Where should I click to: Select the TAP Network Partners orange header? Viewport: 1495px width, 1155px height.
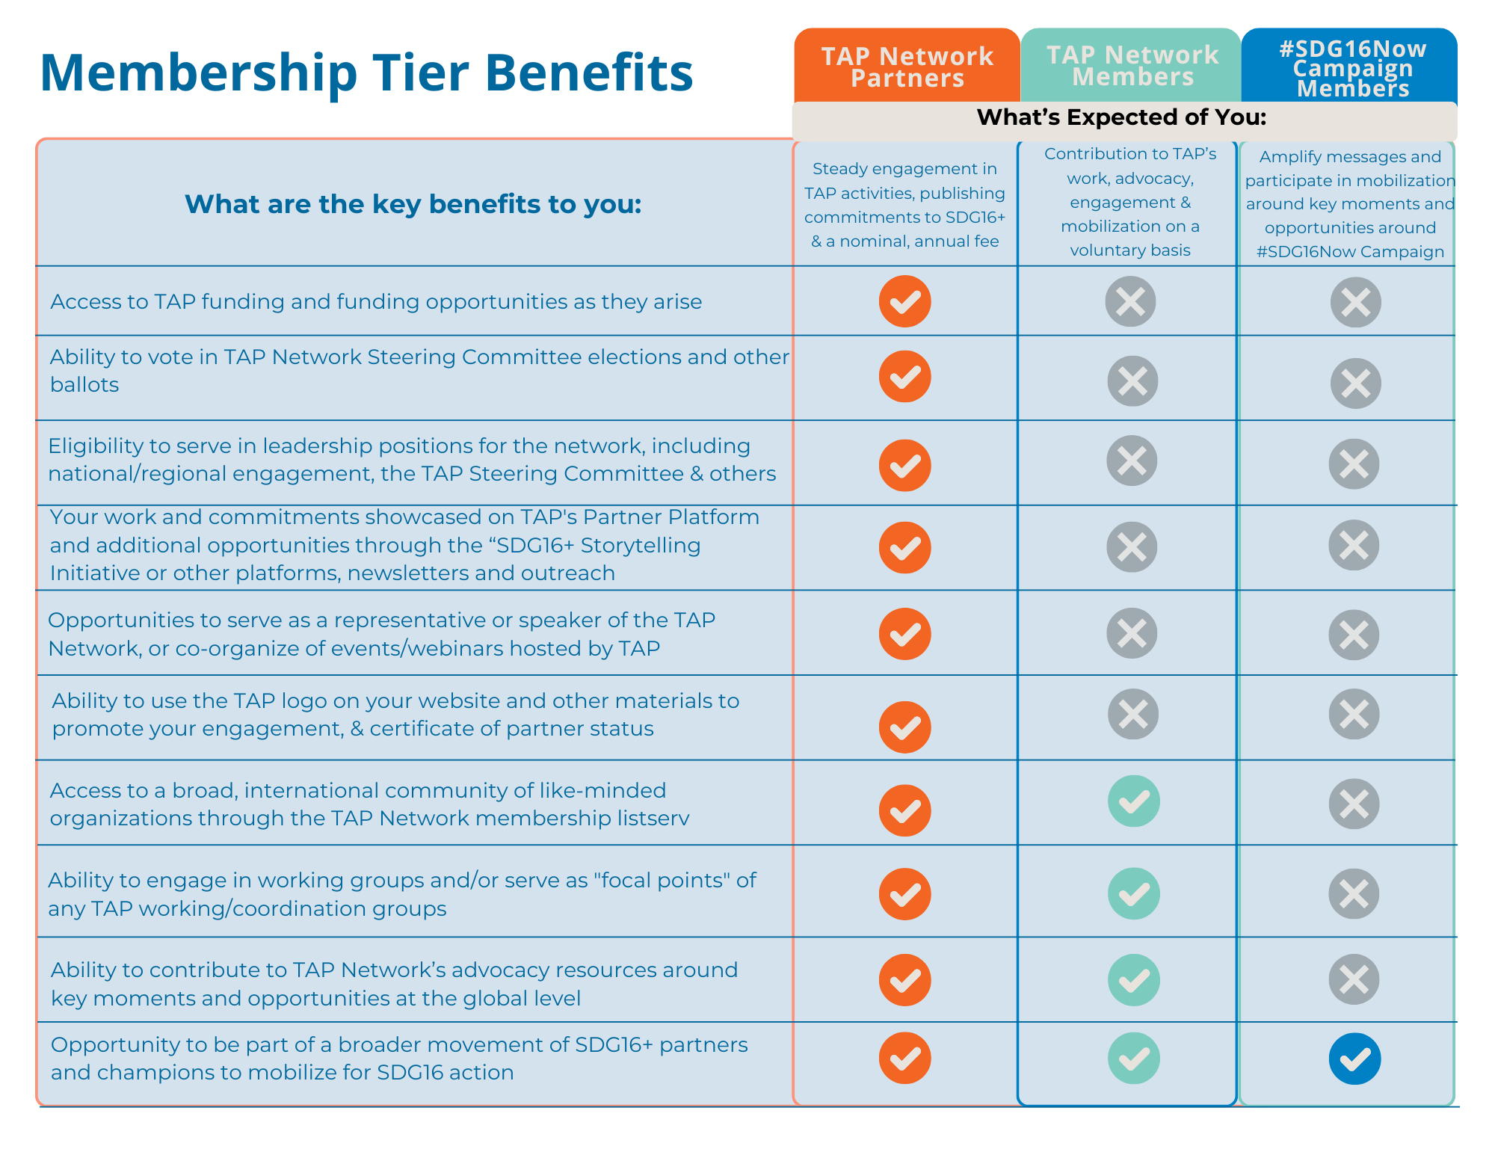[907, 67]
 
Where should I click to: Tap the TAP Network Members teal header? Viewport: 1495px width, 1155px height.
[1132, 66]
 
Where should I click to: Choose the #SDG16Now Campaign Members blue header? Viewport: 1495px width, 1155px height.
[1352, 68]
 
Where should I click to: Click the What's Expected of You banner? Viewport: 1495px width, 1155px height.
[1121, 117]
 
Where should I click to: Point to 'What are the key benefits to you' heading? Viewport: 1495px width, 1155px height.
[413, 204]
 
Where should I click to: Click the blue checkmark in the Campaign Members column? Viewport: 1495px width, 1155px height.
[1354, 1059]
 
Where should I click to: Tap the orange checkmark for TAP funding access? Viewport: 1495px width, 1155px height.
[904, 301]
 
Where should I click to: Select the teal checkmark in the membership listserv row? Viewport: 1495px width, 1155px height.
[1133, 801]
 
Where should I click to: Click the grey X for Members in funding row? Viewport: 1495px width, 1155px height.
[1130, 301]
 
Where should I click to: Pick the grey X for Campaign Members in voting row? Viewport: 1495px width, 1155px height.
[1355, 384]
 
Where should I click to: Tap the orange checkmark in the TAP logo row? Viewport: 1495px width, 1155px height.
[904, 727]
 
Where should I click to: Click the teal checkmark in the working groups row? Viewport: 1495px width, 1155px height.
[1133, 893]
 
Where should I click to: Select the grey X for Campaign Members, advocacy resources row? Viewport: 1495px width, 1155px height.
[1354, 979]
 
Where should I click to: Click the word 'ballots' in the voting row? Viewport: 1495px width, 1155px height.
[84, 385]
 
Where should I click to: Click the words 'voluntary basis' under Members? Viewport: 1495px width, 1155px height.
[1130, 250]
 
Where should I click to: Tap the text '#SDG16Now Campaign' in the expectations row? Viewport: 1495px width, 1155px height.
[1350, 252]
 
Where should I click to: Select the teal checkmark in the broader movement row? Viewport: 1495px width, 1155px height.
[1133, 1059]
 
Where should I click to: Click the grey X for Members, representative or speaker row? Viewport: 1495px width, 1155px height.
[1132, 633]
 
